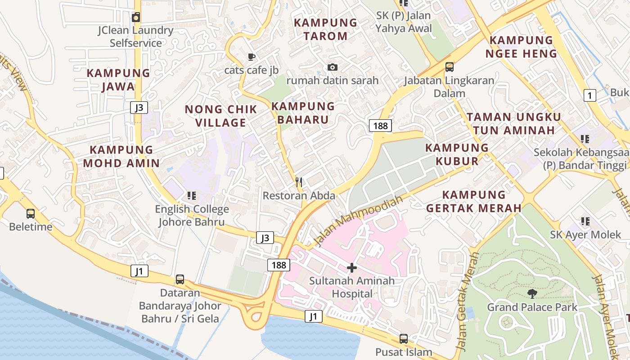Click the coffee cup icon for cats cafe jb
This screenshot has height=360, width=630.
point(251,57)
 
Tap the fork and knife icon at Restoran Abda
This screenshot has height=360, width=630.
point(299,182)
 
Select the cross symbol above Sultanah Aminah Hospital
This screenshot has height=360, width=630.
point(351,268)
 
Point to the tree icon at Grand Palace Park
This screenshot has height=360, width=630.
point(532,294)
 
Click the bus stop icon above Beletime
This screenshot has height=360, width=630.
point(31,214)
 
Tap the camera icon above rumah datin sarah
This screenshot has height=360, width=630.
point(332,67)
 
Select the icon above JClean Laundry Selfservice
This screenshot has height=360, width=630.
point(136,17)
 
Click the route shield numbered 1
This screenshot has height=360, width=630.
point(589,95)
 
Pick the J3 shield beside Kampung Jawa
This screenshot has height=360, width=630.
point(139,108)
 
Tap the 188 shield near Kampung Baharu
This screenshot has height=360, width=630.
point(380,126)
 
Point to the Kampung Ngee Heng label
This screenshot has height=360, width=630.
point(521,47)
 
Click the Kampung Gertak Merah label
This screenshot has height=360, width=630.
point(474,201)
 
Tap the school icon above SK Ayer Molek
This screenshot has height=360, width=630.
point(585,221)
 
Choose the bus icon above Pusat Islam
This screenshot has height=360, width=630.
point(404,339)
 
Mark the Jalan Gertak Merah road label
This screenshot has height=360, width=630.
point(467,301)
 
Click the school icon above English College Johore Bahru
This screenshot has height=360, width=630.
point(192,196)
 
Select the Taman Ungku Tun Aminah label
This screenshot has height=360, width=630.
point(513,124)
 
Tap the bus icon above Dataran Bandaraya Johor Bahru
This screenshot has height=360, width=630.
point(180,279)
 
